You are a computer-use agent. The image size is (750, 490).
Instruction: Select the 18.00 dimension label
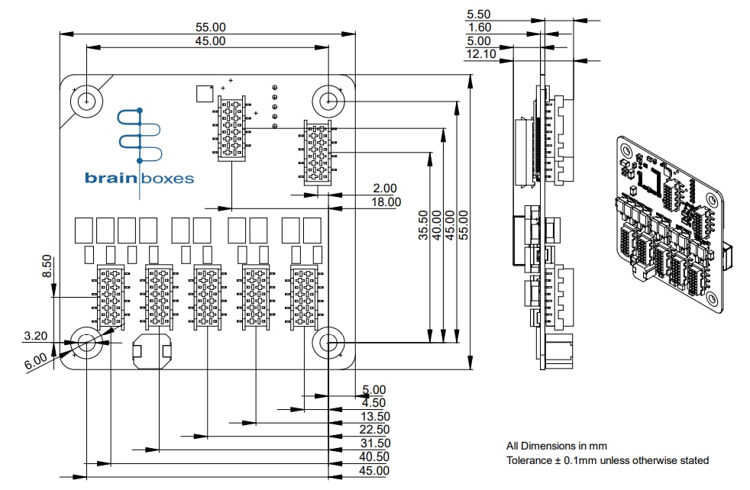pos(386,201)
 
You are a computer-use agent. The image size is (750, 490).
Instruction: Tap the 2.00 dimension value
pos(386,188)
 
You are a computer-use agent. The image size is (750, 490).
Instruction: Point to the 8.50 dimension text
pos(47,267)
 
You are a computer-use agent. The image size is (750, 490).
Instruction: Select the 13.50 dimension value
pos(374,417)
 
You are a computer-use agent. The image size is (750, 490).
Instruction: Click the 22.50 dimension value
pos(374,430)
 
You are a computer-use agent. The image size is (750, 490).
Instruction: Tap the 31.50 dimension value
pos(374,443)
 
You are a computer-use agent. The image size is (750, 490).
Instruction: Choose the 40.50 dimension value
pos(374,457)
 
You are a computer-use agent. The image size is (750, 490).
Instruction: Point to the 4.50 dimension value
pos(373,403)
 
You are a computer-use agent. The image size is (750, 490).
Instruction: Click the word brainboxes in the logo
pos(139,179)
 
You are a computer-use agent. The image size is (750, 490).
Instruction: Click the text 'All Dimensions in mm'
pos(556,446)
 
